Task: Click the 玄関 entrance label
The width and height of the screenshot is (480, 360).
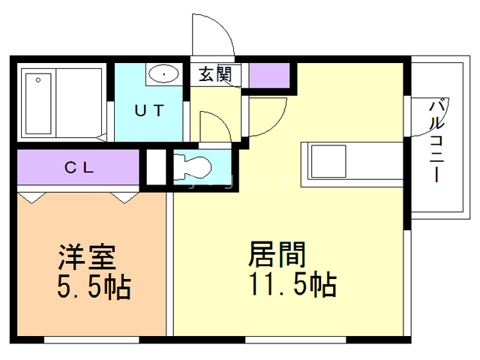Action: [x=215, y=74]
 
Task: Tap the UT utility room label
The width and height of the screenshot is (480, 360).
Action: [x=149, y=110]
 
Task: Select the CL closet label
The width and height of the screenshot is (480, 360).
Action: [x=79, y=167]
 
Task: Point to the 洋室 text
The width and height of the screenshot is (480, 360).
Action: [x=87, y=256]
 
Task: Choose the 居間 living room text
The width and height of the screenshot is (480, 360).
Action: [x=277, y=254]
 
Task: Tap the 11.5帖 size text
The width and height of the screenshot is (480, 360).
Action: [x=293, y=284]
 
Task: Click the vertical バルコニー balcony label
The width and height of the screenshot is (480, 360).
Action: [x=437, y=140]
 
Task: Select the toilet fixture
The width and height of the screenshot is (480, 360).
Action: [x=192, y=167]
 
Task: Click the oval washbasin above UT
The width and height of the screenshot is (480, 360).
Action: [x=163, y=73]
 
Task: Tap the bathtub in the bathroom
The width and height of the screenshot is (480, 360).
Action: [x=38, y=103]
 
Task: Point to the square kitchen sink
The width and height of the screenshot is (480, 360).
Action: [x=328, y=161]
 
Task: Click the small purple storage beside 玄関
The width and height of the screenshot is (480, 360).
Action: [x=269, y=75]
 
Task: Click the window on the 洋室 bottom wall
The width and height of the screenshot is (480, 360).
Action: [x=91, y=340]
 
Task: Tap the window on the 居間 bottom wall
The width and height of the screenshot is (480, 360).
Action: [x=295, y=340]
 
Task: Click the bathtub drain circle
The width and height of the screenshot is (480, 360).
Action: [x=38, y=80]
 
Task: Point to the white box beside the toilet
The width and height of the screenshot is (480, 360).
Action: [x=156, y=166]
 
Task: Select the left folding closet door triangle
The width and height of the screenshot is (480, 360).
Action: [x=31, y=198]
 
